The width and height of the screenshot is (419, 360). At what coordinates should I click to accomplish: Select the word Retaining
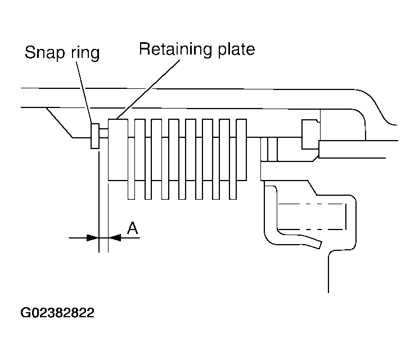175,49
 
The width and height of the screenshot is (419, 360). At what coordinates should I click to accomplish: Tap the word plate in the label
236,49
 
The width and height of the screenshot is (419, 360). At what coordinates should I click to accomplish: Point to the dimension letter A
133,228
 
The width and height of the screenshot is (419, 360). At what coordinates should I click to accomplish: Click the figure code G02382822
57,312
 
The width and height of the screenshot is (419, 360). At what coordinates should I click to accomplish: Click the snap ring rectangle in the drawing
95,136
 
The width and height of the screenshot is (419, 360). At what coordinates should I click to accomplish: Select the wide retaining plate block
118,150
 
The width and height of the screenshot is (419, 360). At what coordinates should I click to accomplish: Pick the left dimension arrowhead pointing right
93,237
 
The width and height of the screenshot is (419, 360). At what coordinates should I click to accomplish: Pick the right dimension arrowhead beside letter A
115,237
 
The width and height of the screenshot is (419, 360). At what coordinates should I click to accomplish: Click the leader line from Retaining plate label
148,89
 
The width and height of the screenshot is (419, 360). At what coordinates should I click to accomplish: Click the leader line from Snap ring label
84,92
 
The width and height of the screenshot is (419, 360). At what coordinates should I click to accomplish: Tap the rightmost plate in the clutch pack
242,150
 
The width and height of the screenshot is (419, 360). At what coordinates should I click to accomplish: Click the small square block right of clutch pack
310,134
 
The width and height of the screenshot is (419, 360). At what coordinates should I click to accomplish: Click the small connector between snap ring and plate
103,133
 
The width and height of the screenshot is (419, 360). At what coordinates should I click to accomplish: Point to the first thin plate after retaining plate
131,168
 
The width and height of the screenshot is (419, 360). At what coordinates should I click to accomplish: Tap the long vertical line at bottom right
328,273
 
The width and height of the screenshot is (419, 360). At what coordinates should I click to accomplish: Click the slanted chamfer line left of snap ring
60,123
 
